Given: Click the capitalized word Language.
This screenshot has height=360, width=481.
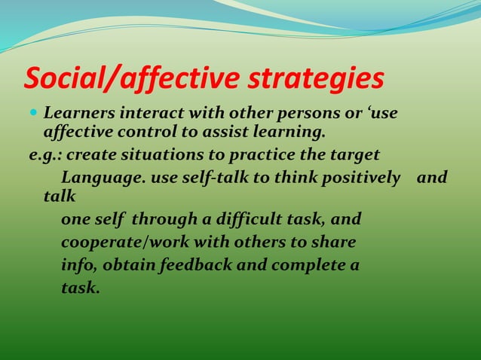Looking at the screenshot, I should tap(103, 178).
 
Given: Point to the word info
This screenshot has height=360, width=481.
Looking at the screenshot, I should tap(78, 266).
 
